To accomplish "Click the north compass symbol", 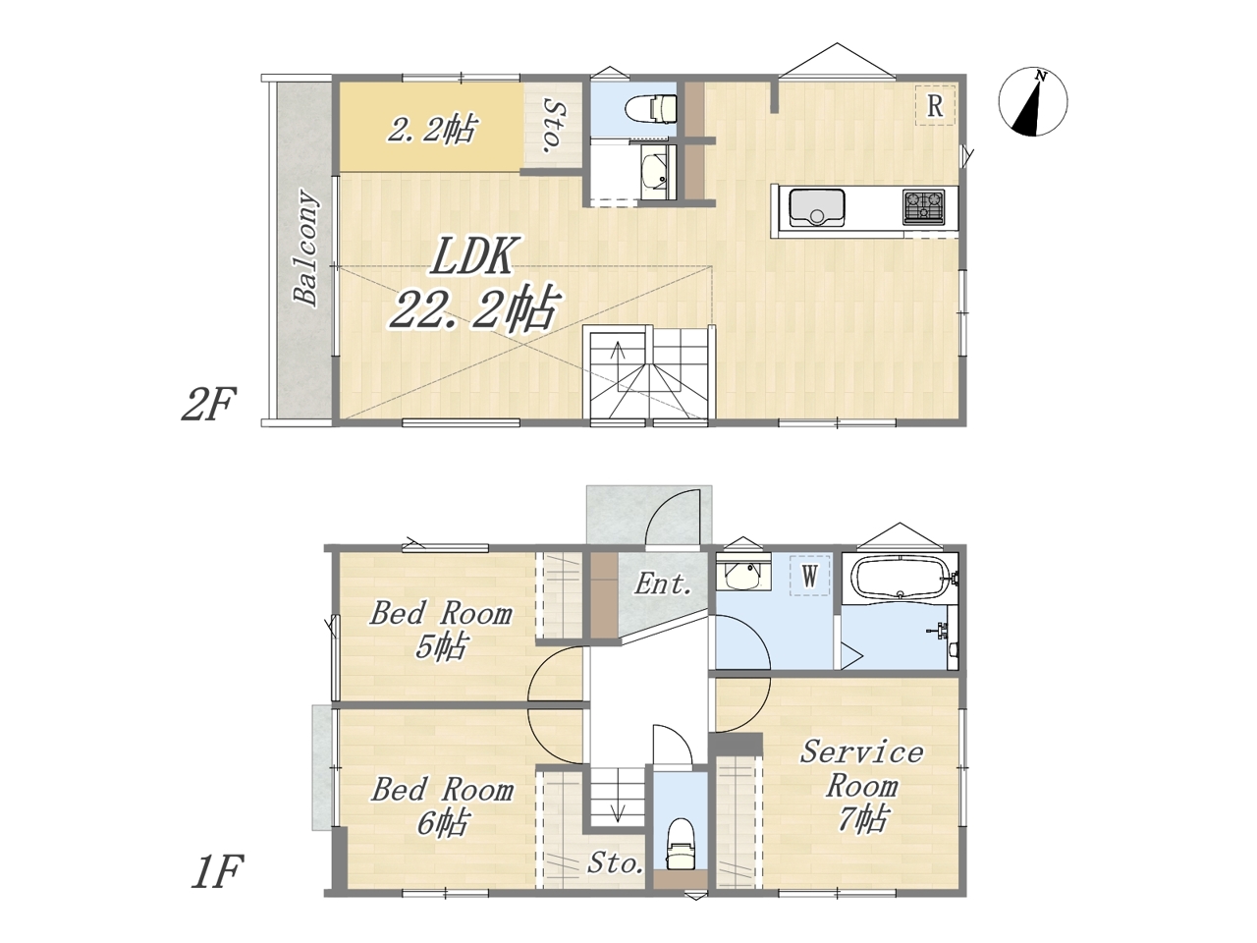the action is [x=1032, y=102].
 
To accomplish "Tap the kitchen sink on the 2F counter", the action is [x=816, y=207].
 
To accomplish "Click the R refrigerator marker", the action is [x=935, y=105].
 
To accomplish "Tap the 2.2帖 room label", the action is [x=431, y=130].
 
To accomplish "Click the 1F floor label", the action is [x=216, y=872].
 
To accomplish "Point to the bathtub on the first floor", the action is [x=900, y=579].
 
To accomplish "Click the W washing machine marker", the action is [x=810, y=576].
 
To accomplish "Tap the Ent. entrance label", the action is [x=662, y=584].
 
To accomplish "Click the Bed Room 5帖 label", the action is [x=440, y=631].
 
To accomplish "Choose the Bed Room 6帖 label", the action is [x=442, y=806].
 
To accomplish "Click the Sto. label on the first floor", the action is [x=615, y=862].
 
